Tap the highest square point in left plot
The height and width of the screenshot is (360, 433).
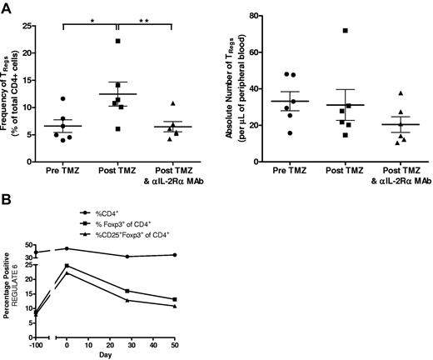118,41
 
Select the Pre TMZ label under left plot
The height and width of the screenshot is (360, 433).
62,172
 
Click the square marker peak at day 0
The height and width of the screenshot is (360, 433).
67,266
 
